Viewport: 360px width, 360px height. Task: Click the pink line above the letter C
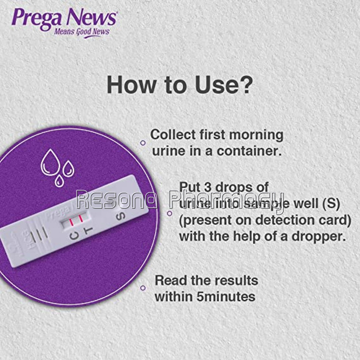click(x=71, y=222)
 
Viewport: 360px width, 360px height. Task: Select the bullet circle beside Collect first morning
click(x=143, y=143)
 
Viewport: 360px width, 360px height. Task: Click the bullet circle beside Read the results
click(x=143, y=288)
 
